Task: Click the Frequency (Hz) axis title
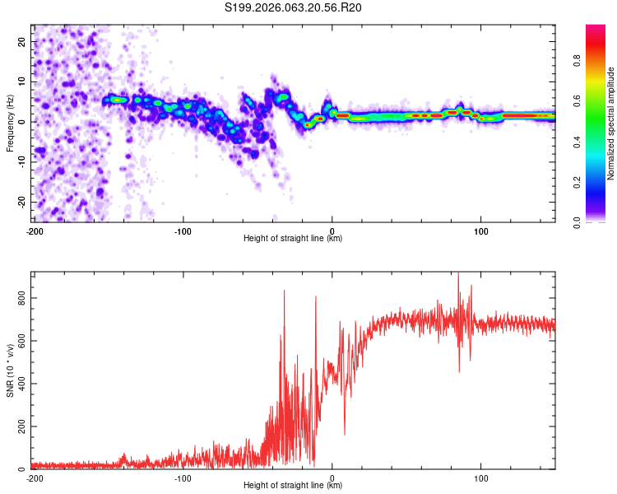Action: click(x=10, y=123)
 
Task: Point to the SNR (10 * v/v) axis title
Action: click(x=10, y=370)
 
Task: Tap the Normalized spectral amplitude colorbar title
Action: click(x=610, y=123)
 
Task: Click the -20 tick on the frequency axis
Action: click(x=20, y=202)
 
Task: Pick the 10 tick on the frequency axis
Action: click(x=21, y=82)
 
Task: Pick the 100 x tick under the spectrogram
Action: click(x=481, y=231)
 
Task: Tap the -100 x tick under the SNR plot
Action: click(x=183, y=478)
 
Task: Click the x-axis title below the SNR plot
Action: click(x=293, y=486)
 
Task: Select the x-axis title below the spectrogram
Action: click(x=293, y=239)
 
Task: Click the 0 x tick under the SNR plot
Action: click(x=332, y=478)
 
